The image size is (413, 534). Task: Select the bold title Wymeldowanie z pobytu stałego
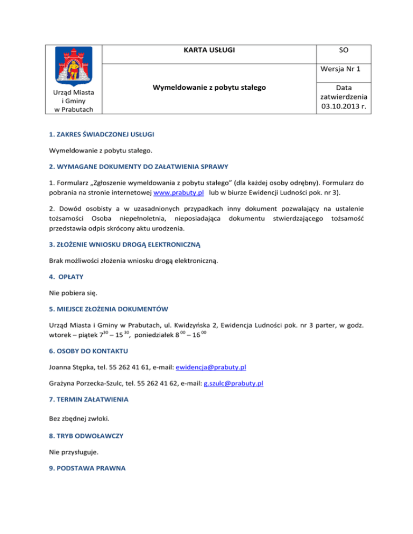[x=209, y=87]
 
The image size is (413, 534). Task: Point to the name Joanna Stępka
[x=72, y=367]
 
